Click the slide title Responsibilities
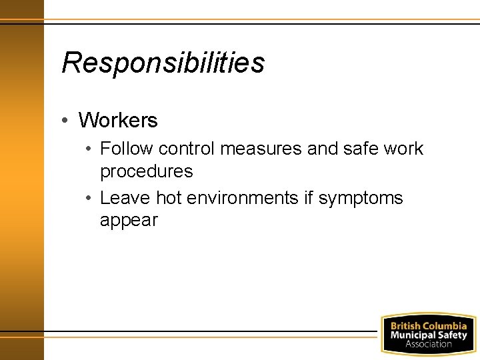click(163, 63)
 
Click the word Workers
click(118, 121)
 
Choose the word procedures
click(146, 171)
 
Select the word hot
click(169, 198)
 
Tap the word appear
click(129, 221)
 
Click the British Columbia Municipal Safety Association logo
click(428, 335)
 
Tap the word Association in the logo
click(428, 344)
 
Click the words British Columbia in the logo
click(428, 326)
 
